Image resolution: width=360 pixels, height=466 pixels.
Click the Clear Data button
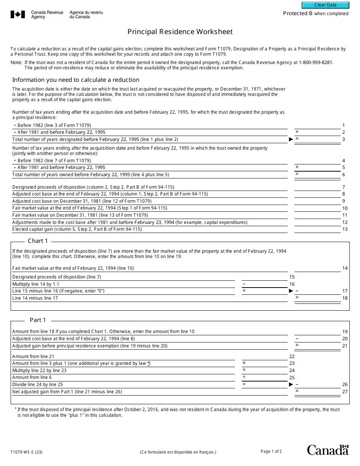325,5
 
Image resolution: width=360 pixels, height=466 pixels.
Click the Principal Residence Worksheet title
180,32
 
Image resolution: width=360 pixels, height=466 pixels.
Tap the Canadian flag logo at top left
17,15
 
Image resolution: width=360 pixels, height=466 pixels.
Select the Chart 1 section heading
38,241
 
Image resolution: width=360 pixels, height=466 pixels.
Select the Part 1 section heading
38,320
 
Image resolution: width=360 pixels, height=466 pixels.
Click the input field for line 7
317,187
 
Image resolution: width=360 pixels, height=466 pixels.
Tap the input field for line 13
317,229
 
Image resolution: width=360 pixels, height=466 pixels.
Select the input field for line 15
265,277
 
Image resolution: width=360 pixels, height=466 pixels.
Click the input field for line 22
265,356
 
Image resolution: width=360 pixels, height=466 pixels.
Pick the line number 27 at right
344,392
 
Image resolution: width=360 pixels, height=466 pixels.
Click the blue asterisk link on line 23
149,363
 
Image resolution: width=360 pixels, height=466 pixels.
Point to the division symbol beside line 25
244,377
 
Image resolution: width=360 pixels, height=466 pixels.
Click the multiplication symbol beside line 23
244,363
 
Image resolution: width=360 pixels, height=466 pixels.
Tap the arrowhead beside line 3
291,139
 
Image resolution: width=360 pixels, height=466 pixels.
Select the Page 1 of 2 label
271,451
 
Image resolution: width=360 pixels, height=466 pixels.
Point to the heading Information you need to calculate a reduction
76,80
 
